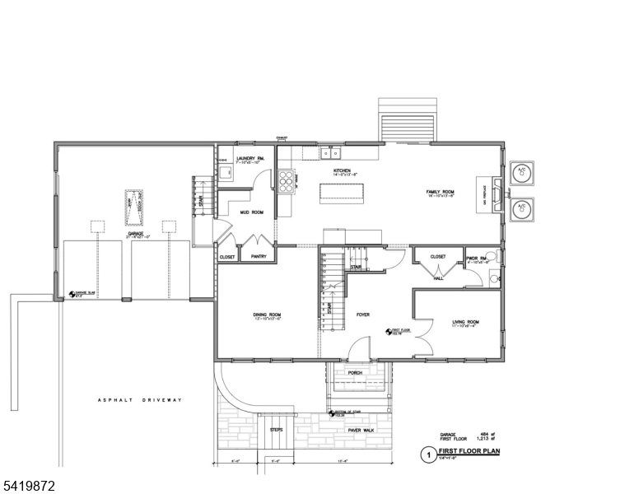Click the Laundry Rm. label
[x=249, y=158]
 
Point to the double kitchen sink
[x=331, y=153]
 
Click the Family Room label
[x=440, y=191]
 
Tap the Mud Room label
[x=251, y=212]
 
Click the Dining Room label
[x=268, y=315]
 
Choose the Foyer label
[x=362, y=315]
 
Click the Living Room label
[x=465, y=322]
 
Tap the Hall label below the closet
[x=438, y=277]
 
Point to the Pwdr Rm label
[x=478, y=257]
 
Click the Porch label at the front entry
[x=355, y=372]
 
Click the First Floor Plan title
[x=469, y=451]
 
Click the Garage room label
[x=136, y=234]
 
